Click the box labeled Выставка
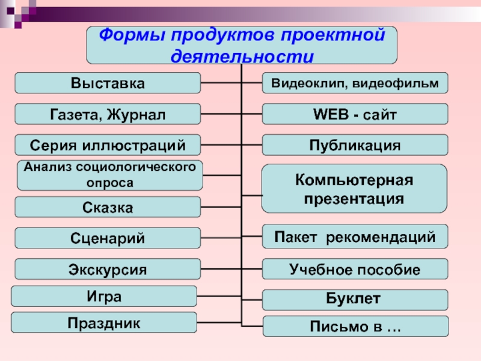click(x=108, y=83)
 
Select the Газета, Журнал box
click(x=108, y=114)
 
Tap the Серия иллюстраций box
click(x=108, y=144)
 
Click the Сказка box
click(x=108, y=208)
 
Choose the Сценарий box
click(x=108, y=238)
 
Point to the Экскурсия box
click(x=108, y=269)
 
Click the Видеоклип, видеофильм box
click(x=355, y=83)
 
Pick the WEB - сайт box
click(x=355, y=114)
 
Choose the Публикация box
click(x=355, y=145)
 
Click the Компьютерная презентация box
click(x=355, y=188)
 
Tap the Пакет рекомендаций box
click(x=355, y=236)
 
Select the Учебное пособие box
click(x=355, y=269)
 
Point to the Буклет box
click(x=355, y=299)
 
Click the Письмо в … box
click(x=355, y=327)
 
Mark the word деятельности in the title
click(x=242, y=56)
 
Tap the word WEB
click(x=331, y=114)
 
